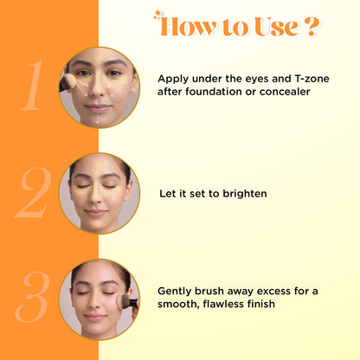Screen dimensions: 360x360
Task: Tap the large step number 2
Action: coord(33,192)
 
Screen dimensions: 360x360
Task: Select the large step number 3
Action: coord(32,297)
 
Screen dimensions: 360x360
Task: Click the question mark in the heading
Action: coord(312,26)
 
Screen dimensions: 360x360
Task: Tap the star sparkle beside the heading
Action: coord(157,15)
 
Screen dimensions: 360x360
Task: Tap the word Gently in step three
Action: coord(175,292)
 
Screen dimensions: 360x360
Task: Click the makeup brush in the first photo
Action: coord(67,83)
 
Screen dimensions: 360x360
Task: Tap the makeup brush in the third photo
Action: coord(127,302)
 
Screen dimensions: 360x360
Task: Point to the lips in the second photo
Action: coord(96,213)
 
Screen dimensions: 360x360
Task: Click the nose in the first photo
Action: coord(96,89)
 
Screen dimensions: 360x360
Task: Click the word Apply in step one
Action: coord(173,79)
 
